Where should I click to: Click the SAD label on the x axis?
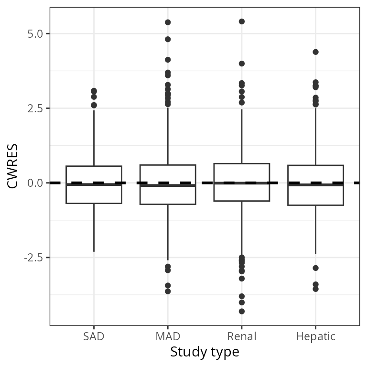[x=94, y=336]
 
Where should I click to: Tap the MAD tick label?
[x=168, y=336]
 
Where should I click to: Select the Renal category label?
[x=242, y=336]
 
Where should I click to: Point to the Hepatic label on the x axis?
[x=315, y=336]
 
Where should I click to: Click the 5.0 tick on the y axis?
[x=35, y=34]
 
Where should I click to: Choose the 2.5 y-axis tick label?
[x=35, y=108]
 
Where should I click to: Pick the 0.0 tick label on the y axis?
[x=35, y=183]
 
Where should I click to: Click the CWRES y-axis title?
[x=13, y=167]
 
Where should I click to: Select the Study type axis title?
[x=205, y=353]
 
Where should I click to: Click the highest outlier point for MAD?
[x=168, y=22]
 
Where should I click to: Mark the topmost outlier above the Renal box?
[x=242, y=22]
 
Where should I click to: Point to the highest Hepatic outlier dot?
[x=315, y=52]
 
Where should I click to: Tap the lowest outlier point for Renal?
[x=242, y=312]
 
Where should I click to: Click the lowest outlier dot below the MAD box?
[x=168, y=291]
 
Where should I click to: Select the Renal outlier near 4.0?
[x=242, y=64]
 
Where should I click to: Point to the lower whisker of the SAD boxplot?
[x=94, y=227]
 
